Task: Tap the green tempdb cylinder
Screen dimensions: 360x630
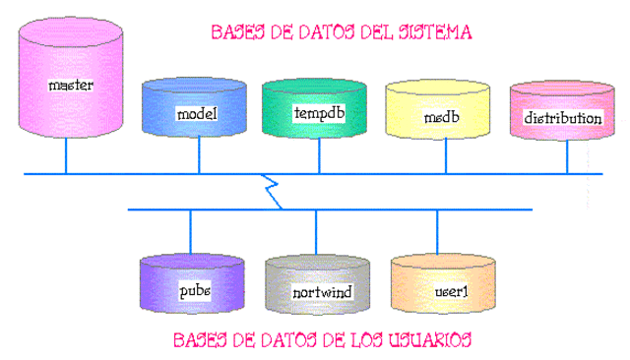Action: pos(318,110)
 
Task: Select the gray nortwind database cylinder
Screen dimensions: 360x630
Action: pos(318,287)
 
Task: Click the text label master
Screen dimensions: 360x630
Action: pos(71,86)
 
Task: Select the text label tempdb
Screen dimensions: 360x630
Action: pos(319,113)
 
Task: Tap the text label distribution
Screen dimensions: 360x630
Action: pos(562,118)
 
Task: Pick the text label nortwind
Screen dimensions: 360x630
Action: pos(318,293)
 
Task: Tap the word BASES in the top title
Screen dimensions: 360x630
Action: pos(239,31)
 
